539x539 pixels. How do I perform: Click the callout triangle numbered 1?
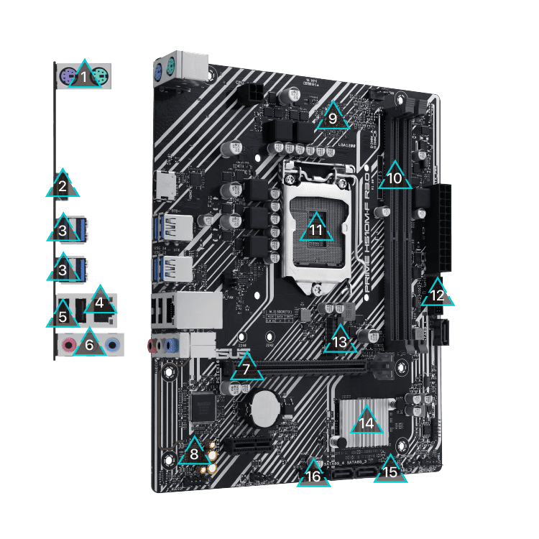85,75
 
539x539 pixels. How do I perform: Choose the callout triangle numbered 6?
89,342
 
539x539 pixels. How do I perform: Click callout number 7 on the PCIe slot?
247,368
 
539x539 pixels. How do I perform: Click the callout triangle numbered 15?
390,469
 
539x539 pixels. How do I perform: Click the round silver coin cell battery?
264,407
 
